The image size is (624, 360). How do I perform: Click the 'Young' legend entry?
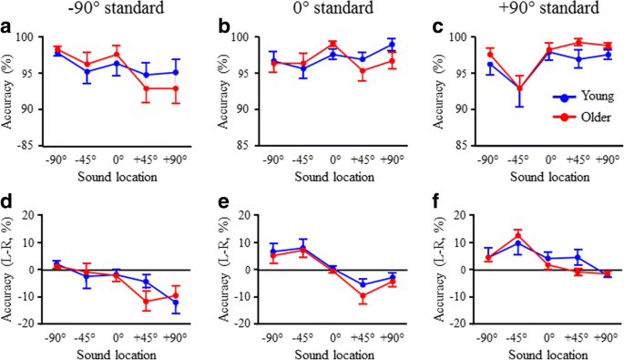[586, 94]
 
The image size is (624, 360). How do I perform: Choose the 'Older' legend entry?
[586, 114]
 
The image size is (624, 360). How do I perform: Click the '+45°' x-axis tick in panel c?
[578, 157]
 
